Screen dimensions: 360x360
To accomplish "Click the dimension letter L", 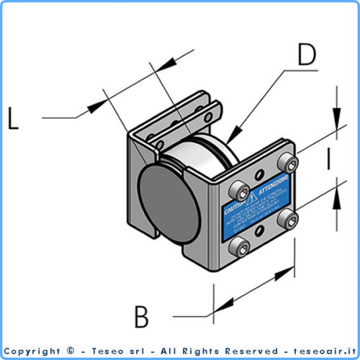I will (12, 117).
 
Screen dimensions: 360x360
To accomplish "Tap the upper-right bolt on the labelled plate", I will (288, 161).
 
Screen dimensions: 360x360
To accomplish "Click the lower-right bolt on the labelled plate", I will (291, 220).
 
